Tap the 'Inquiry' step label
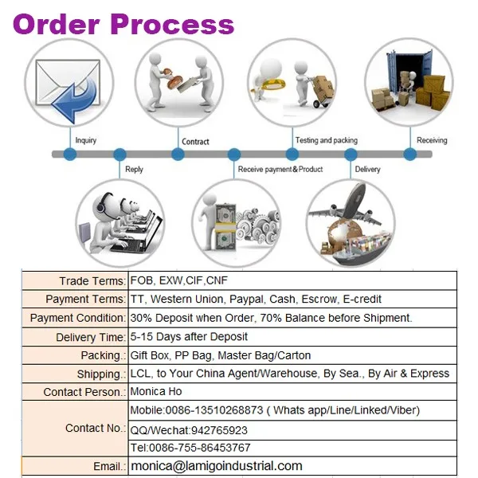coord(85,141)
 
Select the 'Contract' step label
coord(195,142)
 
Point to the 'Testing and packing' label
coord(326,140)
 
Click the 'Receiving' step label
coord(432,140)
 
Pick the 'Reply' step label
coord(134,170)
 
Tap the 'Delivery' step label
coord(367,169)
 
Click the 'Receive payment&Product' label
coord(280,169)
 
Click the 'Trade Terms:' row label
coord(92,281)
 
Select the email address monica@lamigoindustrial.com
coord(217,466)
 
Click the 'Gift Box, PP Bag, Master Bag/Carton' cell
coord(221,355)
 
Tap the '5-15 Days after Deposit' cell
coord(190,336)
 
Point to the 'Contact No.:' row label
coord(95,428)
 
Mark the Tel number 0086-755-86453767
coord(190,447)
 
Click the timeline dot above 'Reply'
coord(120,154)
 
